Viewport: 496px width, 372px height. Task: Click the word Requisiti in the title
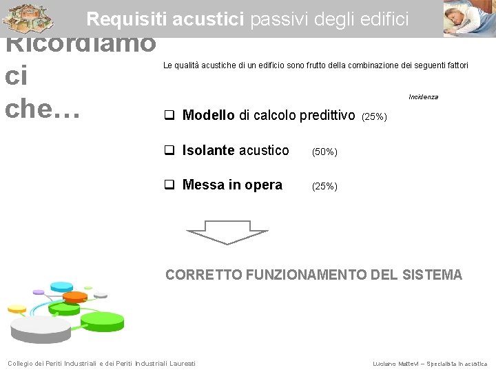point(127,19)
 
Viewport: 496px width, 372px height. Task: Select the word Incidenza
point(423,97)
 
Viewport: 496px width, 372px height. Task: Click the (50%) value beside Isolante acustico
point(324,152)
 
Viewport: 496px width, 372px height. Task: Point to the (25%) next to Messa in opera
point(324,186)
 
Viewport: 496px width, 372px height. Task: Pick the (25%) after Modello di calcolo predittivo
point(374,117)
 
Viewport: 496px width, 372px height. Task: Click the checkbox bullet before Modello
point(169,116)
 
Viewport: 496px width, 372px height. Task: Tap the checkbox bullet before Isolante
point(169,151)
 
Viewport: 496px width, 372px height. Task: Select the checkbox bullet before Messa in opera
point(169,185)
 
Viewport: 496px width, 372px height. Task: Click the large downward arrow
point(227,232)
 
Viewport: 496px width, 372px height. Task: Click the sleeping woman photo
point(468,19)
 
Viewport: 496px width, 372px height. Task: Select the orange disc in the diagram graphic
point(75,297)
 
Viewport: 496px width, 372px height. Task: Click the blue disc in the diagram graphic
point(61,286)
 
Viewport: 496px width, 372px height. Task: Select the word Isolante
point(208,151)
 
